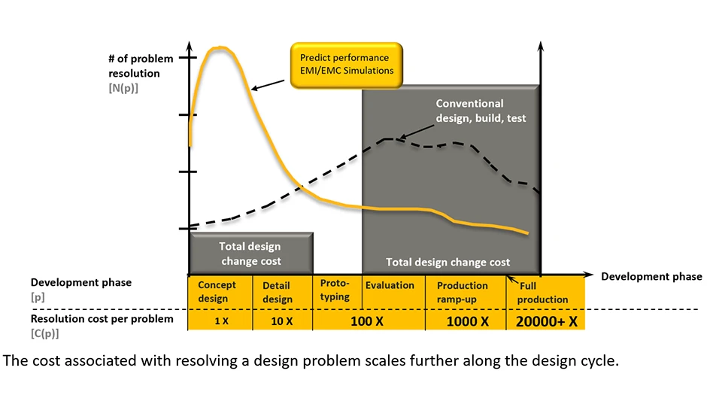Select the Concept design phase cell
217,292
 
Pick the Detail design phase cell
278,292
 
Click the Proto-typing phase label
335,290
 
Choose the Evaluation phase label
390,285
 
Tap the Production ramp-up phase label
462,292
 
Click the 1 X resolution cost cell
218,320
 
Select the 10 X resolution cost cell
278,320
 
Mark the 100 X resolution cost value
368,320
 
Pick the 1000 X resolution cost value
468,320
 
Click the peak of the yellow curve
219,48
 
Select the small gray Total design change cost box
250,253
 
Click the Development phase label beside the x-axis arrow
651,276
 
